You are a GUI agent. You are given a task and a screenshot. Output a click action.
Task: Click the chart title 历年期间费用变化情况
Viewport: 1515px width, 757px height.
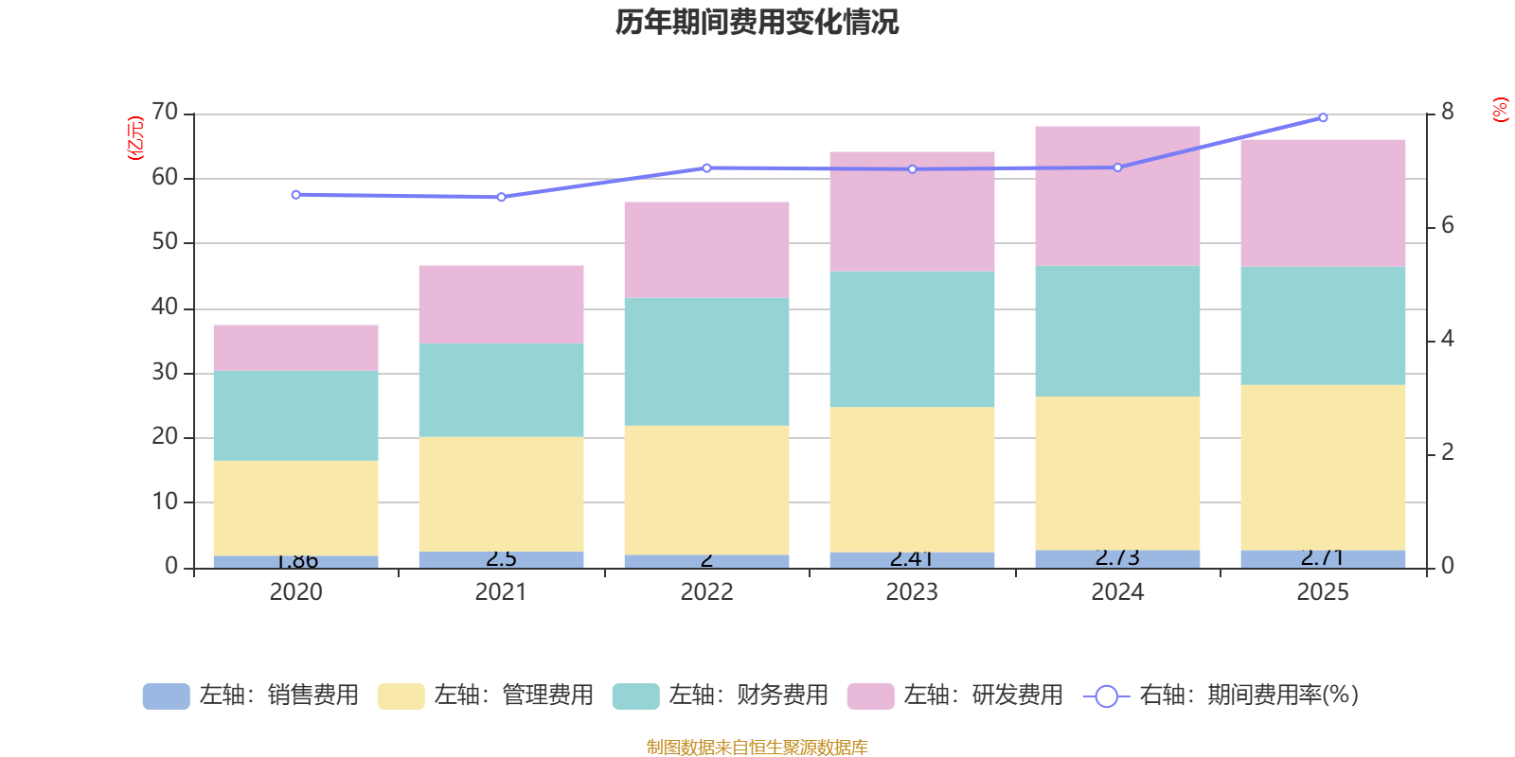pyautogui.click(x=757, y=22)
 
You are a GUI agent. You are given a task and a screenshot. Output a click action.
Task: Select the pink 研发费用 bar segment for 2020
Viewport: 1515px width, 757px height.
pyautogui.click(x=295, y=347)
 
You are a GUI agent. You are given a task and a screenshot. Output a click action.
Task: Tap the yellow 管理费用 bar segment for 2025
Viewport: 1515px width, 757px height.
pyautogui.click(x=1323, y=467)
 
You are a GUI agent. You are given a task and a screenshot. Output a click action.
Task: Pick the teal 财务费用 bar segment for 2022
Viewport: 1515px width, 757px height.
pyautogui.click(x=706, y=361)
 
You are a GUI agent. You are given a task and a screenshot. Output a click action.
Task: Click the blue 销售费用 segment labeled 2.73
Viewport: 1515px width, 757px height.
pyautogui.click(x=1117, y=558)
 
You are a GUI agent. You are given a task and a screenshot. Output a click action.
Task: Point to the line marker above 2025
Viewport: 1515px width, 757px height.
pyautogui.click(x=1323, y=117)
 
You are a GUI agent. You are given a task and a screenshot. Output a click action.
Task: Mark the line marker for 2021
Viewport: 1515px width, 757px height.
pyautogui.click(x=501, y=197)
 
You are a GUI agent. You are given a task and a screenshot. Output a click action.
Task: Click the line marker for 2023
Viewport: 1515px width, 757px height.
pyautogui.click(x=912, y=169)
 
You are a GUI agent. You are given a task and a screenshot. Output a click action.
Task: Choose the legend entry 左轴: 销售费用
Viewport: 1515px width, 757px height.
pyautogui.click(x=251, y=695)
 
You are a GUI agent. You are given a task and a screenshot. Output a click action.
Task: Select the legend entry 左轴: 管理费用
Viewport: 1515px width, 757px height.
pyautogui.click(x=486, y=695)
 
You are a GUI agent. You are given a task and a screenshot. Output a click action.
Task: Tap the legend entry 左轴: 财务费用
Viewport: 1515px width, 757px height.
pyautogui.click(x=721, y=695)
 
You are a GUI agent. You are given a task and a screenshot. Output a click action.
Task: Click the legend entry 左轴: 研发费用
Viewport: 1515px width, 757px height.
pyautogui.click(x=955, y=695)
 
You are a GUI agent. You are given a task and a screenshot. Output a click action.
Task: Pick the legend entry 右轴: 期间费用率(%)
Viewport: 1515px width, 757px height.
pyautogui.click(x=1221, y=695)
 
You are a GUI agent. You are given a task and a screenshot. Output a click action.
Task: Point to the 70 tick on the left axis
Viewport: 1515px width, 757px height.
pyautogui.click(x=165, y=113)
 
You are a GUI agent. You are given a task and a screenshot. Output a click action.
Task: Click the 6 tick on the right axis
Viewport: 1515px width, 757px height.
pyautogui.click(x=1448, y=226)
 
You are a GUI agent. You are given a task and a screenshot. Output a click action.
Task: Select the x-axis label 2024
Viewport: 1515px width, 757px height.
pyautogui.click(x=1117, y=592)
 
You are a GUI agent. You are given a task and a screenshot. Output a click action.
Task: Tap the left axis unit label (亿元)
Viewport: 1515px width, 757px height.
pyautogui.click(x=135, y=138)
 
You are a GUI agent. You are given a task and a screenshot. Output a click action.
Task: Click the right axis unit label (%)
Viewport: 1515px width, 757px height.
pyautogui.click(x=1500, y=110)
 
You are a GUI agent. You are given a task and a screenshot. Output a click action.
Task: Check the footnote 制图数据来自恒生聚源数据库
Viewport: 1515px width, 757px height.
pyautogui.click(x=757, y=748)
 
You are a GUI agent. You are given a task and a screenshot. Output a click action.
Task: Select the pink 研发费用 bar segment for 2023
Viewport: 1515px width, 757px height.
pyautogui.click(x=912, y=211)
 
